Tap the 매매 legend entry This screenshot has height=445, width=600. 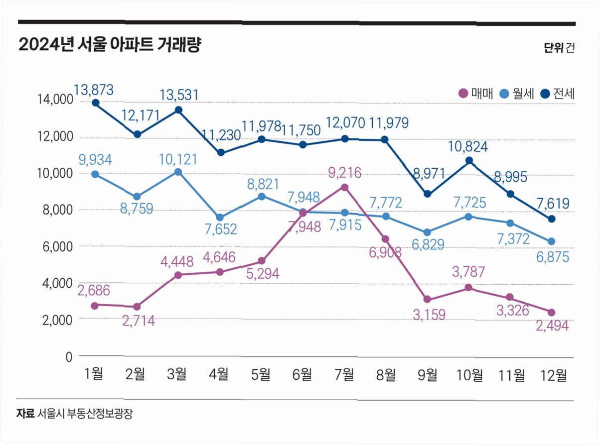[x=475, y=93]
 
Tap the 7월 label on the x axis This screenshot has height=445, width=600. [x=344, y=374]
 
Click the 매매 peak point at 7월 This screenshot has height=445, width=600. [x=344, y=187]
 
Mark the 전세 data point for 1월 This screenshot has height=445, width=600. [x=95, y=103]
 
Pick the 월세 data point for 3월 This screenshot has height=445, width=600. [x=178, y=172]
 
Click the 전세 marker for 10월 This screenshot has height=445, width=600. [x=469, y=160]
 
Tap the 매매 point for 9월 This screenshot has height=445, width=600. [x=428, y=299]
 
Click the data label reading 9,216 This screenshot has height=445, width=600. [x=344, y=174]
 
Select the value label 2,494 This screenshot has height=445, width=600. [x=552, y=326]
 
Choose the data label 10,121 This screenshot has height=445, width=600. [x=177, y=160]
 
